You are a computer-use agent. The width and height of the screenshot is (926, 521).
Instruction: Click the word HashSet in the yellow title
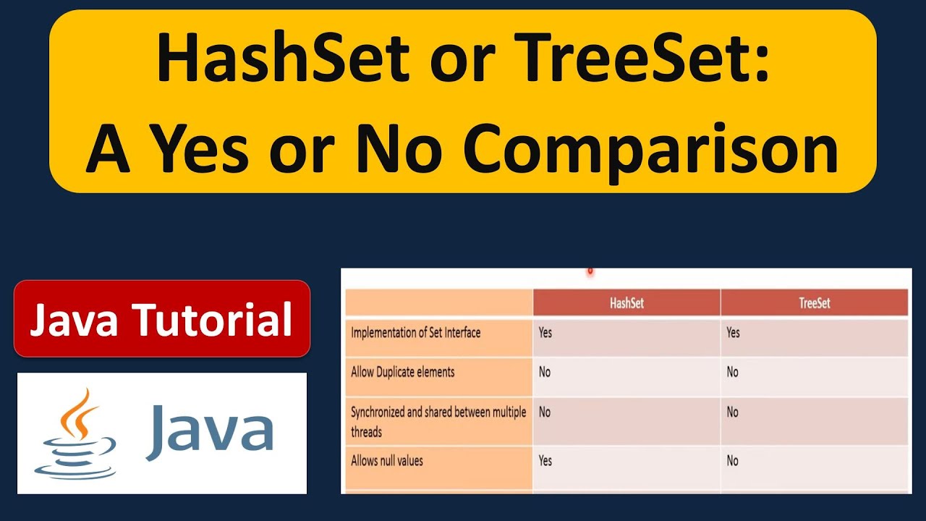pos(284,57)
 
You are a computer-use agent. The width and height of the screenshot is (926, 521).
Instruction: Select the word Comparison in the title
pos(650,151)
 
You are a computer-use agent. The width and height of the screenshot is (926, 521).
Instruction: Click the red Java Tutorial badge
pos(161,318)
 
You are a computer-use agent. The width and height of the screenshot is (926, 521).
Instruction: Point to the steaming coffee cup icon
pos(75,433)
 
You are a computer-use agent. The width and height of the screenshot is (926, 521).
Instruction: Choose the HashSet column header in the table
pos(626,303)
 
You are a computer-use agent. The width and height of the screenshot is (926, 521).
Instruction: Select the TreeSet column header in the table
pos(815,303)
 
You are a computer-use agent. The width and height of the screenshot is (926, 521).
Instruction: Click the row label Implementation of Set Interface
pos(415,333)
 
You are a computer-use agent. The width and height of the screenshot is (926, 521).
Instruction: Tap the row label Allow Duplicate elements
pos(403,372)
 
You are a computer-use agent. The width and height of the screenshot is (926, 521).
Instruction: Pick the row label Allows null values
pos(387,461)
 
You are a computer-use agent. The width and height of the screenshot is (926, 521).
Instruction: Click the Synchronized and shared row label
pos(438,422)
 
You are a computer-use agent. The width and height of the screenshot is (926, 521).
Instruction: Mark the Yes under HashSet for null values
pos(545,461)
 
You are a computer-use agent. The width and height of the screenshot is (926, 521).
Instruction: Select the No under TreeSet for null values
pos(733,461)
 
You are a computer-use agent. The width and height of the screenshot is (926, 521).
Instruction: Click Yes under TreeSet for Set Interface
pos(733,332)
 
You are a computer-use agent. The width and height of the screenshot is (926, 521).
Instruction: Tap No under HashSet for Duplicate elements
pos(545,372)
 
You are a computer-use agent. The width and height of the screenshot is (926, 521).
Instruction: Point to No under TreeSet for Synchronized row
pos(733,412)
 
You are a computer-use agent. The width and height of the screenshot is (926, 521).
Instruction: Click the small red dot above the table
pos(590,271)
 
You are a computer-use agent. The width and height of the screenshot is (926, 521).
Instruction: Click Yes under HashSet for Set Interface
pos(545,332)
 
